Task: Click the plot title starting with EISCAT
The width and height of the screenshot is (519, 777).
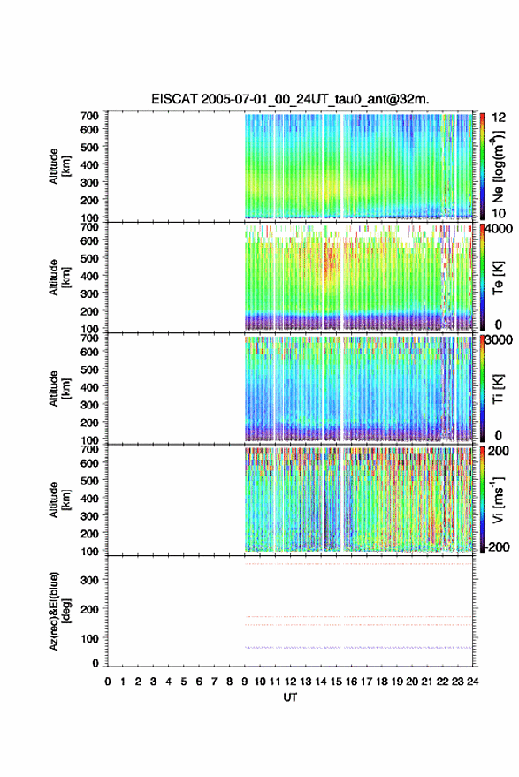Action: [x=290, y=99]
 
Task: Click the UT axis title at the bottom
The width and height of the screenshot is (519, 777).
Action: [x=290, y=697]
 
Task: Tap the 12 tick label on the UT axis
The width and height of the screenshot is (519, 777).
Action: [x=291, y=682]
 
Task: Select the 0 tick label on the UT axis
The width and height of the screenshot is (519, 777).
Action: [x=108, y=682]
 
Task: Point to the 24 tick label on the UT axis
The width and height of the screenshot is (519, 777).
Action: [x=472, y=682]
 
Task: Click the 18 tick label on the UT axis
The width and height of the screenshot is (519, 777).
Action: [x=382, y=682]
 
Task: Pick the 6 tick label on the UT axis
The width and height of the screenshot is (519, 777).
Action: [x=199, y=682]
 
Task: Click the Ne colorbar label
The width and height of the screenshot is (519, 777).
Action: [x=498, y=166]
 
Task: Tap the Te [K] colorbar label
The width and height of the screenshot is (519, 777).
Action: [x=498, y=278]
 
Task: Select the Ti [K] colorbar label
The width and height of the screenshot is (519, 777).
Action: [x=498, y=389]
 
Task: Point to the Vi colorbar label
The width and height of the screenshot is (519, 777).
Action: [x=498, y=500]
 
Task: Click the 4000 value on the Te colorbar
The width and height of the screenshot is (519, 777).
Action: [x=498, y=229]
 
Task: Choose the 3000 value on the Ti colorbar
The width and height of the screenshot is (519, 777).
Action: [x=499, y=340]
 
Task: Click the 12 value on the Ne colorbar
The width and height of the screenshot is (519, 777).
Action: [x=499, y=118]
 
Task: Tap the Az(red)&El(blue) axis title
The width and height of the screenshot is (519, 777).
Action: [x=59, y=611]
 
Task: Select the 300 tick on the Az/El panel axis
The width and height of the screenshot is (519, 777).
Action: [x=90, y=580]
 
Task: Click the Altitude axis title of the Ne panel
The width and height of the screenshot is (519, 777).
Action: [x=59, y=166]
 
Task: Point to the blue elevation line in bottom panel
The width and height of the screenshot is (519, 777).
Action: [x=358, y=648]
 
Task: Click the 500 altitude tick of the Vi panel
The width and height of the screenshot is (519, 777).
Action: [x=89, y=481]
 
